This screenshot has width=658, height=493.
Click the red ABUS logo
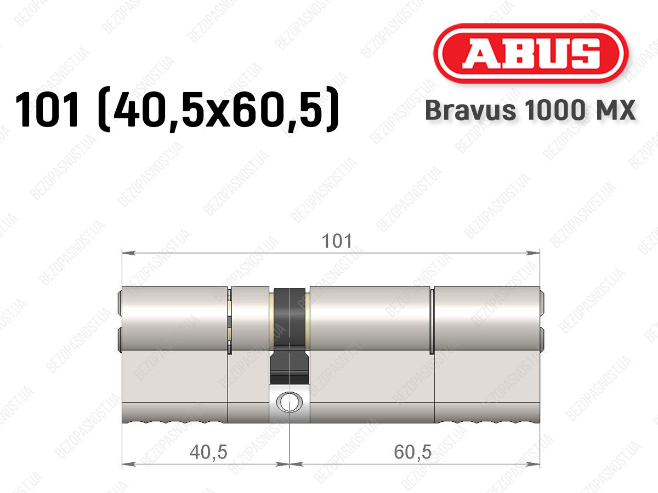(x=531, y=53)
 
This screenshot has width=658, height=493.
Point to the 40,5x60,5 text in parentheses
(x=219, y=110)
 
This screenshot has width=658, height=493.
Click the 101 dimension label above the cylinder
(x=337, y=241)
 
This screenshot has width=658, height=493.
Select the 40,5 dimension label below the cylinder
(x=208, y=452)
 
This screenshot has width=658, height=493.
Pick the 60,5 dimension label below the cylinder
(x=412, y=452)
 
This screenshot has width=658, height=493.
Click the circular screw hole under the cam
(x=290, y=402)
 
